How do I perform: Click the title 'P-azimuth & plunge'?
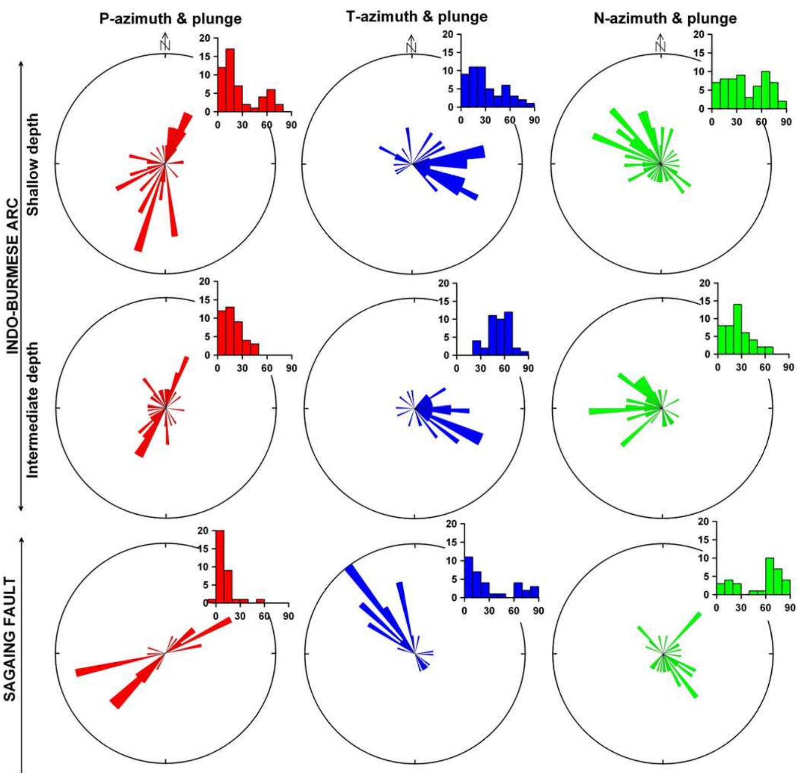click(170, 19)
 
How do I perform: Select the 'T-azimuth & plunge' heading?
click(417, 17)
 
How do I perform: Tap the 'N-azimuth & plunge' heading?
click(665, 19)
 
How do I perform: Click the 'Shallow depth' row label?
click(33, 164)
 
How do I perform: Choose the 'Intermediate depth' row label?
click(33, 410)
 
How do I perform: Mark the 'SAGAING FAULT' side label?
click(10, 639)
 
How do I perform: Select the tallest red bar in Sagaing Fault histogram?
click(220, 567)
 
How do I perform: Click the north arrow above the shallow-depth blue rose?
click(411, 44)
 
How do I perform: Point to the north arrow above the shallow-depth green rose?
click(660, 43)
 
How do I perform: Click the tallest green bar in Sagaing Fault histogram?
click(769, 576)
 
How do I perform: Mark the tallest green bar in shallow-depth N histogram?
click(765, 90)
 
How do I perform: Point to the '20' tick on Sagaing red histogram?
click(203, 530)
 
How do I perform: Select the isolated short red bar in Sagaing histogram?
click(260, 601)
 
